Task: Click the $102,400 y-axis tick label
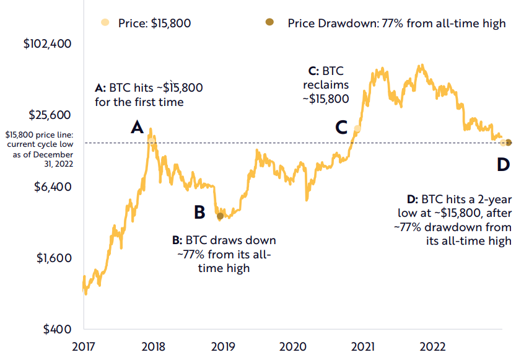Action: [47, 45]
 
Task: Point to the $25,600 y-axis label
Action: [51, 116]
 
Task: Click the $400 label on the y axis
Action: [58, 329]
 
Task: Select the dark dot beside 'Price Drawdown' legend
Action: [269, 23]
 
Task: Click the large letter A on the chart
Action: [137, 128]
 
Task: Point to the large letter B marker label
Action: [199, 213]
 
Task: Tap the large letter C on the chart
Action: [341, 128]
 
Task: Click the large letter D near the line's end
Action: [502, 165]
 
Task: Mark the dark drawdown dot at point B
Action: [220, 216]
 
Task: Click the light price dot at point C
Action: [357, 129]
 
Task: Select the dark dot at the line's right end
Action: [509, 143]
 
